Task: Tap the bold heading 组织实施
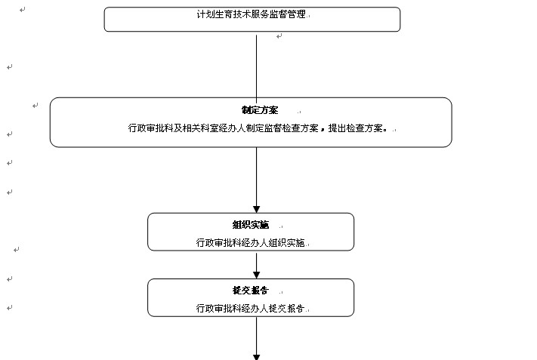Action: pyautogui.click(x=251, y=225)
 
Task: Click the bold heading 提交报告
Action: pyautogui.click(x=250, y=291)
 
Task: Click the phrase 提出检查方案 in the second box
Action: pyautogui.click(x=358, y=128)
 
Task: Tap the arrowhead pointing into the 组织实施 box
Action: pyautogui.click(x=257, y=208)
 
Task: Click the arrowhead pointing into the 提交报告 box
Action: pyautogui.click(x=257, y=275)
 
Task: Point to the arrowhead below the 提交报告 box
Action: pyautogui.click(x=257, y=355)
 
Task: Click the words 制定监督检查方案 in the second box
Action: pyautogui.click(x=280, y=128)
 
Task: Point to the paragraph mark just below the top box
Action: pyautogui.click(x=279, y=36)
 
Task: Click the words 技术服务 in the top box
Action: pyautogui.click(x=251, y=15)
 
